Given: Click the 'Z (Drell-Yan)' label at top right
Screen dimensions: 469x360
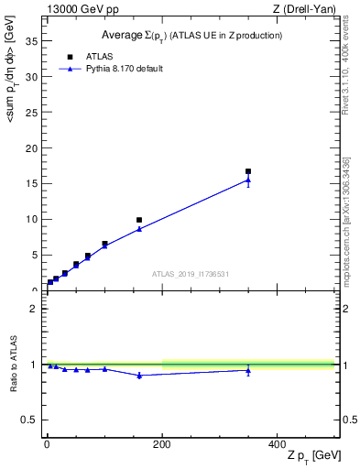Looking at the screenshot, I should pyautogui.click(x=305, y=9).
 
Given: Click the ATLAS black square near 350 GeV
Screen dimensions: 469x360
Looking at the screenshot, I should pyautogui.click(x=248, y=171).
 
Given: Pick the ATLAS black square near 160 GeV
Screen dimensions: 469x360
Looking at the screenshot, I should pyautogui.click(x=139, y=220).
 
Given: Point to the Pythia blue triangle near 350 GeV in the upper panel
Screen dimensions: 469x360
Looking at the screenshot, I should pyautogui.click(x=248, y=180).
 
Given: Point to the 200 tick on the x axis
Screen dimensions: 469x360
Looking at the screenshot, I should pyautogui.click(x=162, y=444).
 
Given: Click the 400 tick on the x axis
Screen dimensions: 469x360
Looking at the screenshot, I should pyautogui.click(x=278, y=444).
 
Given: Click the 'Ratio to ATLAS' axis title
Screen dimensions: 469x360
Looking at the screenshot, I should pyautogui.click(x=12, y=364).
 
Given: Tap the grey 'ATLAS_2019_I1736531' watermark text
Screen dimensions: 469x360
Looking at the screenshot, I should pyautogui.click(x=191, y=274).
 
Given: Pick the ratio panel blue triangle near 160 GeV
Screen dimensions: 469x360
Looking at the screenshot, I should pyautogui.click(x=139, y=376).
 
